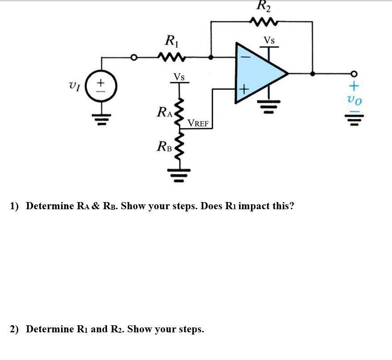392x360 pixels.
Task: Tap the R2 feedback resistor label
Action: click(264, 6)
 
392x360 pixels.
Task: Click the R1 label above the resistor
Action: click(170, 42)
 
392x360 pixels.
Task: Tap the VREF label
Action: click(198, 123)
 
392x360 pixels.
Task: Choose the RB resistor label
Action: click(165, 145)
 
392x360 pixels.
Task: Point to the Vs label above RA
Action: click(179, 77)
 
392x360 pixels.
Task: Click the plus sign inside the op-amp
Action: click(243, 90)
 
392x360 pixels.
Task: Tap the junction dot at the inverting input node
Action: click(211, 57)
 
